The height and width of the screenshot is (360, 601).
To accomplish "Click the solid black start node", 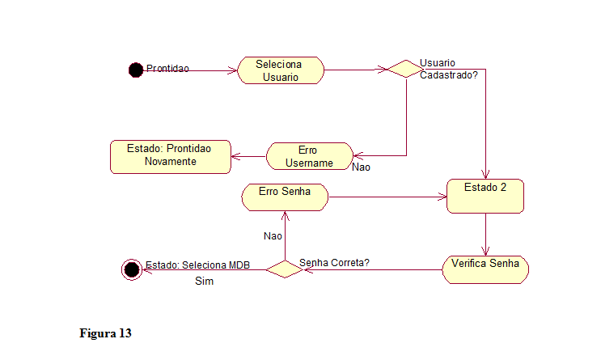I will click(136, 70).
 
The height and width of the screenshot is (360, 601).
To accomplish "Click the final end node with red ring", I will click(130, 269).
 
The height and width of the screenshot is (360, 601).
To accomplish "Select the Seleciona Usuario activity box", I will click(281, 70).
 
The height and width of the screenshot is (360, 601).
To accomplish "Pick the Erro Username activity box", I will click(309, 156).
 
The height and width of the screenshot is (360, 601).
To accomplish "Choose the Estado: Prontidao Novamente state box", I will click(170, 155).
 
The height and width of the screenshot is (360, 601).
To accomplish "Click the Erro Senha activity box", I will click(285, 197).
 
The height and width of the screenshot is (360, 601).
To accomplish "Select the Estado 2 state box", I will click(485, 196).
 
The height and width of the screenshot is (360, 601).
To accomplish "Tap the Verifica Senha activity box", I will click(485, 269).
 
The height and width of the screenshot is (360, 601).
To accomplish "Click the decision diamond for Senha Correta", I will click(285, 269).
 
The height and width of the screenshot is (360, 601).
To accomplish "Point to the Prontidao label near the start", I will click(167, 69).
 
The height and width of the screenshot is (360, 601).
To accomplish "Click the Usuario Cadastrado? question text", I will click(448, 69).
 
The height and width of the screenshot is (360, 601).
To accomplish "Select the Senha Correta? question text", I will click(334, 263).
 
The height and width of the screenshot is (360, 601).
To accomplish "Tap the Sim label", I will click(205, 282).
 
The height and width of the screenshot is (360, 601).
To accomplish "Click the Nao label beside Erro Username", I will click(361, 167).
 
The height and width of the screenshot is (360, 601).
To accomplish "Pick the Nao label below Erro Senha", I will click(273, 236).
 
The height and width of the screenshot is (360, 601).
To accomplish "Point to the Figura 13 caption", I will click(105, 333).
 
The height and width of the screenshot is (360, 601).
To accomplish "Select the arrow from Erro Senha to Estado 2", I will click(388, 197).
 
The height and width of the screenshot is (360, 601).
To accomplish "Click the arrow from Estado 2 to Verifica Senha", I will click(485, 235).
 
